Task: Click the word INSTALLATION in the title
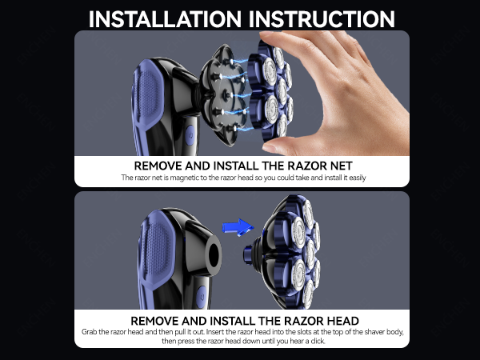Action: (165, 19)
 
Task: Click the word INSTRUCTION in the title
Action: (322, 19)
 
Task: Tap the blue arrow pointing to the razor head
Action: (238, 227)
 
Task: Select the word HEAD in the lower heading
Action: (343, 321)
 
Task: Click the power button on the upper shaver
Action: (190, 135)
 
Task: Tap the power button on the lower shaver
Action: (201, 297)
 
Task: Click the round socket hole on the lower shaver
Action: (214, 255)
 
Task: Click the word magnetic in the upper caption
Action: (184, 178)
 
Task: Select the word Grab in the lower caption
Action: (89, 332)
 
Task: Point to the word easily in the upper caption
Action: (357, 178)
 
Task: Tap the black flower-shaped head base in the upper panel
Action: (224, 95)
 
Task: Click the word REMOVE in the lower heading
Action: (154, 321)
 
